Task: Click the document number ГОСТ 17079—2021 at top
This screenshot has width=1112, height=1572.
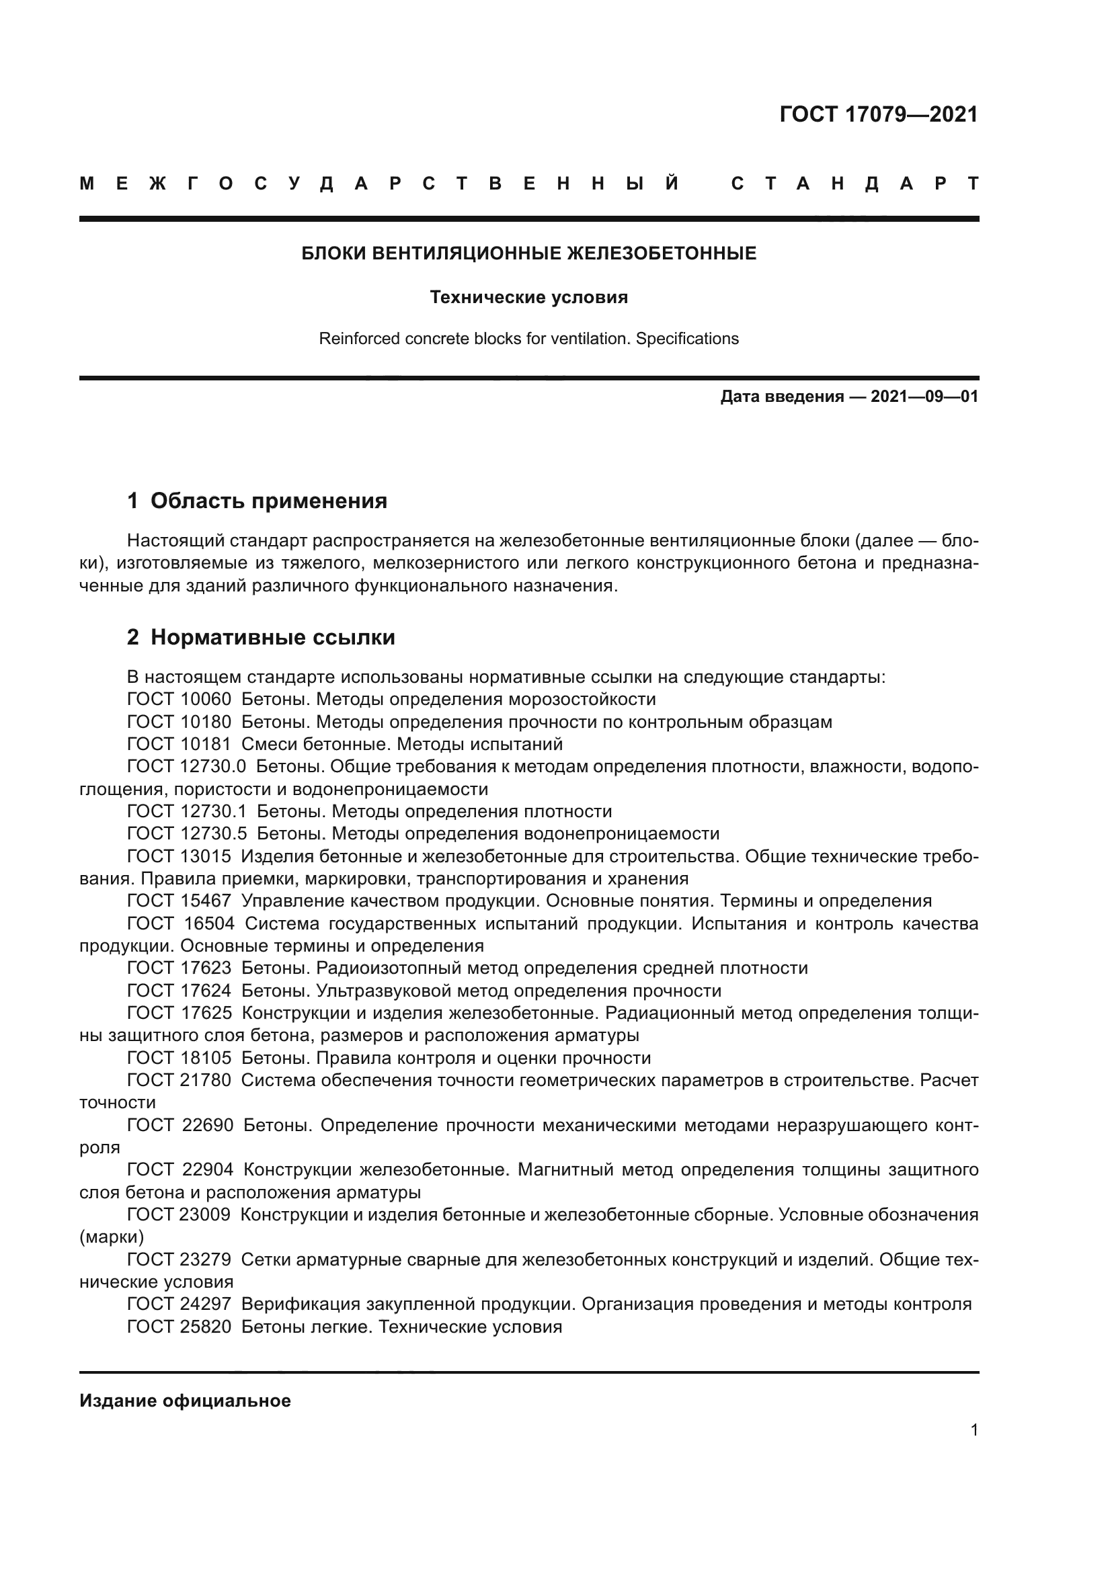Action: point(879,114)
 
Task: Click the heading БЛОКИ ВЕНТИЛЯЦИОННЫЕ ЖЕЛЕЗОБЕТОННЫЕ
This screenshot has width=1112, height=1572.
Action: point(528,253)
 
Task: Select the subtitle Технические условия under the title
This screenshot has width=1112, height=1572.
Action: point(528,297)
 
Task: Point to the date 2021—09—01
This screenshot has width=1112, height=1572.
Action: point(924,397)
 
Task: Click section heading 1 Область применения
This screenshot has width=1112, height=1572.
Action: point(257,501)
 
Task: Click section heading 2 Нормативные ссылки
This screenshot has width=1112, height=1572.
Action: point(261,636)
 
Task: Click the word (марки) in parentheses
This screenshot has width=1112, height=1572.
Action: point(112,1237)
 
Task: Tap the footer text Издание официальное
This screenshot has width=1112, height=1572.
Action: point(185,1400)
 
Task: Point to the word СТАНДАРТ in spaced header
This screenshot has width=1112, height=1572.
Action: point(855,183)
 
